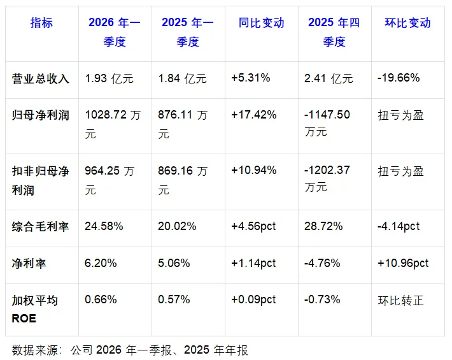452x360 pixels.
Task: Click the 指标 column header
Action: [41, 23]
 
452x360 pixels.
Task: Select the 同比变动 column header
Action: [262, 23]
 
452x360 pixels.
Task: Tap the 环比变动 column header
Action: [407, 23]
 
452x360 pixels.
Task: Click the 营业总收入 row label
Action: [40, 78]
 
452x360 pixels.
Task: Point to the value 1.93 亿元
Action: [109, 78]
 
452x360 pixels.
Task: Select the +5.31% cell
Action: [250, 78]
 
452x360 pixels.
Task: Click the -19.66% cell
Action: [399, 78]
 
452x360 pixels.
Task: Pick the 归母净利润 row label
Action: [40, 115]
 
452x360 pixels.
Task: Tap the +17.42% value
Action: [253, 115]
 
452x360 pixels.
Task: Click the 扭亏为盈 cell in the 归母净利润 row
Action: [400, 115]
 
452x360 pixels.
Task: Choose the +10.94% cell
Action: [253, 170]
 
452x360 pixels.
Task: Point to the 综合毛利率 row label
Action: [40, 226]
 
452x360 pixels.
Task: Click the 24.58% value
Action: [104, 226]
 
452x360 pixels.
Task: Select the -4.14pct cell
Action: [399, 226]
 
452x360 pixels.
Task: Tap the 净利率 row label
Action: [29, 263]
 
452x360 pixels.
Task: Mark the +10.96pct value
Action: [403, 263]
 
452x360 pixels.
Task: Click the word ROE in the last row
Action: [24, 319]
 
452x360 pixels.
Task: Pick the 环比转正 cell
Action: [400, 301]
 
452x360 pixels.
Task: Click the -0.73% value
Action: [322, 299]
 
